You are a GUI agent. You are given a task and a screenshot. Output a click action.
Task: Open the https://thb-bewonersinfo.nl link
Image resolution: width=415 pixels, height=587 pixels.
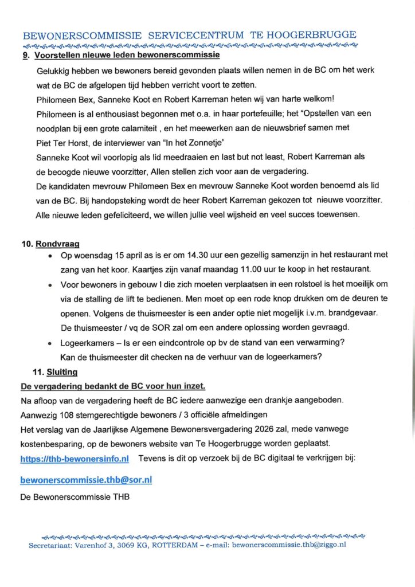[x=75, y=459]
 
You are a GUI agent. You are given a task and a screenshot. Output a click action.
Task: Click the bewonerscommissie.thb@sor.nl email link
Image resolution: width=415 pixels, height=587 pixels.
[x=86, y=480]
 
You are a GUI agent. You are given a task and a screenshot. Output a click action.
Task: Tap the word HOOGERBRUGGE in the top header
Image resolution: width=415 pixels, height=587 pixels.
[x=310, y=35]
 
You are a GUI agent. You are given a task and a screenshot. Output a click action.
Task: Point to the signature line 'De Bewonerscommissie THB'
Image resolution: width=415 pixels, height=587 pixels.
[x=75, y=497]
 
